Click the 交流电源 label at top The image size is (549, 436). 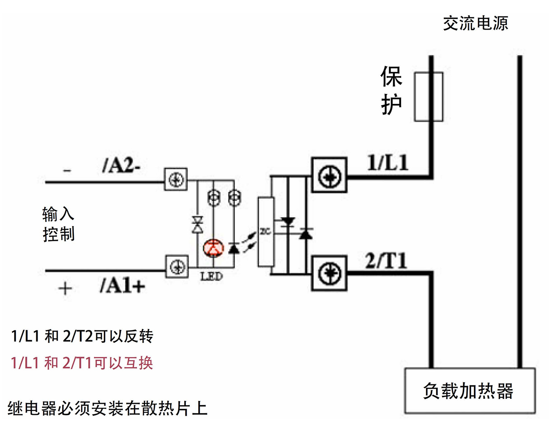click(x=475, y=23)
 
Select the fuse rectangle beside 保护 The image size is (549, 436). click(x=428, y=97)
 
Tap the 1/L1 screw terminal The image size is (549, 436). click(x=329, y=175)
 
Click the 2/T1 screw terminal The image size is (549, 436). click(x=329, y=273)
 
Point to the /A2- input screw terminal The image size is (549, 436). click(x=176, y=180)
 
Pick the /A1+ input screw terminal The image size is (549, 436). click(x=177, y=267)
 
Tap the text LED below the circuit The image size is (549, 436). click(x=211, y=277)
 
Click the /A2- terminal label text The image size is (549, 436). click(x=121, y=166)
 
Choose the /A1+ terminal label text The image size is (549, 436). click(x=122, y=286)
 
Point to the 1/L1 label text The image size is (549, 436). click(x=388, y=163)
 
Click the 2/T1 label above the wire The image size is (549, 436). click(x=386, y=261)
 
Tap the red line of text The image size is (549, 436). click(x=82, y=362)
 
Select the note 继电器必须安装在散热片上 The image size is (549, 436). click(x=107, y=409)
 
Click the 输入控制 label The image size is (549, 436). click(x=58, y=224)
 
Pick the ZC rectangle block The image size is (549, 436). click(x=266, y=232)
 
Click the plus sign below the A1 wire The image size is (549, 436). click(x=65, y=289)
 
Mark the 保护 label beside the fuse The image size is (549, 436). click(x=391, y=90)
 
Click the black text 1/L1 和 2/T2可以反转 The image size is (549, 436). click(x=82, y=336)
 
